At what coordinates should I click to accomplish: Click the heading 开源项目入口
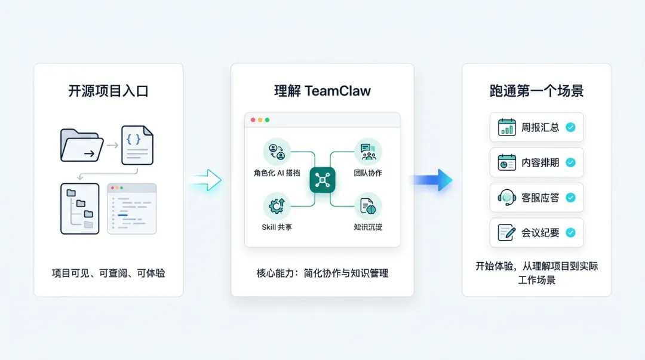pyautogui.click(x=108, y=91)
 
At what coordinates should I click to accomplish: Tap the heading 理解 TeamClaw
pyautogui.click(x=322, y=91)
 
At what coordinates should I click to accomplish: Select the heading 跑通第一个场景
pyautogui.click(x=536, y=91)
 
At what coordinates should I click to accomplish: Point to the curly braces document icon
pyautogui.click(x=137, y=145)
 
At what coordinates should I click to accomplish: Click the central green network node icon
pyautogui.click(x=322, y=180)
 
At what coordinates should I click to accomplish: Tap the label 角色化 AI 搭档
pyautogui.click(x=277, y=173)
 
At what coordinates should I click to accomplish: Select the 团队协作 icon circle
pyautogui.click(x=368, y=152)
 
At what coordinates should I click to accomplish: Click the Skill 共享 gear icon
pyautogui.click(x=277, y=206)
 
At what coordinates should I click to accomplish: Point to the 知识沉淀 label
pyautogui.click(x=368, y=227)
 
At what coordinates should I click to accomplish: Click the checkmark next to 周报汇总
pyautogui.click(x=570, y=127)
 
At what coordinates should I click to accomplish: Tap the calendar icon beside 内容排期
pyautogui.click(x=507, y=162)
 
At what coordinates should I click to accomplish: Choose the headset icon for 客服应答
pyautogui.click(x=507, y=198)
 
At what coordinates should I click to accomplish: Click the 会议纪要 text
pyautogui.click(x=540, y=233)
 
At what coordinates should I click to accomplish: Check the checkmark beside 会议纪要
pyautogui.click(x=570, y=233)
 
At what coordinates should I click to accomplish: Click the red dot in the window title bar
pyautogui.click(x=253, y=120)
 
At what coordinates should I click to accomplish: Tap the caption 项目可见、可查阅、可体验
pyautogui.click(x=108, y=273)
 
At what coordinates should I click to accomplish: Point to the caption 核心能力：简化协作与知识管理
pyautogui.click(x=322, y=273)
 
